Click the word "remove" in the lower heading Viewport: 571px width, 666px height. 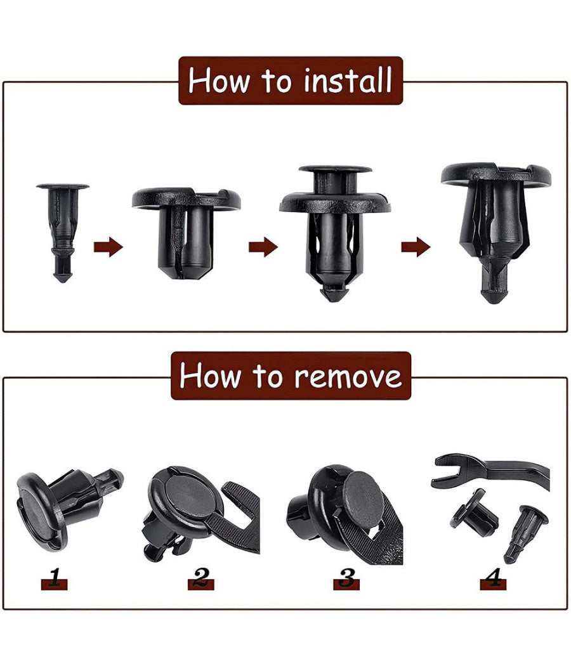click(x=348, y=376)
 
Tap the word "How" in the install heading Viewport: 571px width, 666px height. click(x=216, y=81)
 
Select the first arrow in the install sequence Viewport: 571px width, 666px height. click(x=108, y=247)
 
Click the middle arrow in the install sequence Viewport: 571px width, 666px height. click(x=263, y=247)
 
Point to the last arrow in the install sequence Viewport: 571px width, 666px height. click(x=416, y=247)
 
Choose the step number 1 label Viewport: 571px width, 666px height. click(x=54, y=578)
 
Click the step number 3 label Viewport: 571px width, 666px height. click(x=346, y=578)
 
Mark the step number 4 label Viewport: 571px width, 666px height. click(x=493, y=578)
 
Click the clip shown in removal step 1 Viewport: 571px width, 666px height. click(x=63, y=501)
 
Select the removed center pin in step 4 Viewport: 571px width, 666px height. click(x=525, y=532)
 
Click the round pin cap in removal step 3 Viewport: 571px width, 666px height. click(x=362, y=491)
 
